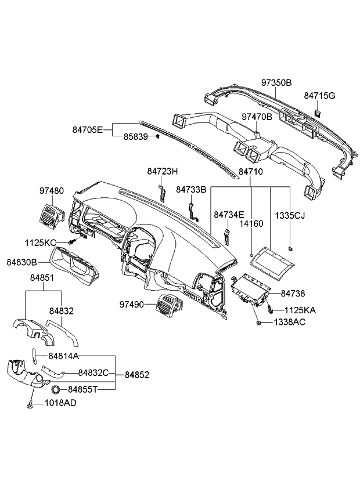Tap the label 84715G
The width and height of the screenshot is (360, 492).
tap(319, 95)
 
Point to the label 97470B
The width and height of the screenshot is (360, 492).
tap(257, 117)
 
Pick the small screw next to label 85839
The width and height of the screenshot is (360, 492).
tap(157, 137)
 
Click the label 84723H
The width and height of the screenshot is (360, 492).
tap(162, 172)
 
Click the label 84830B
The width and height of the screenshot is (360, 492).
tap(22, 262)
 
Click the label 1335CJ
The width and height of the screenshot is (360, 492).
tap(290, 216)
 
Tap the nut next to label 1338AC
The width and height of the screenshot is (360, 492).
tap(257, 321)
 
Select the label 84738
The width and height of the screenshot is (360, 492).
tap(293, 294)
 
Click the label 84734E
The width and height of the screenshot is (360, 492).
tap(229, 215)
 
